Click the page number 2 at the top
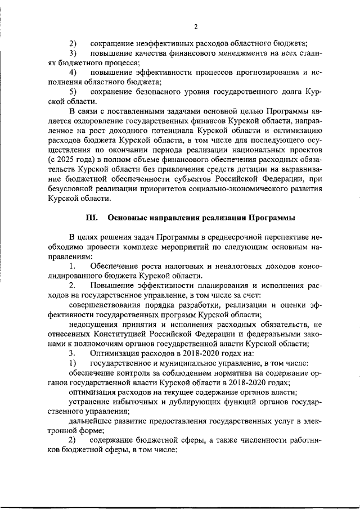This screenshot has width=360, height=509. click(195, 26)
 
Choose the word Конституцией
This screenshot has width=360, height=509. click(122, 335)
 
